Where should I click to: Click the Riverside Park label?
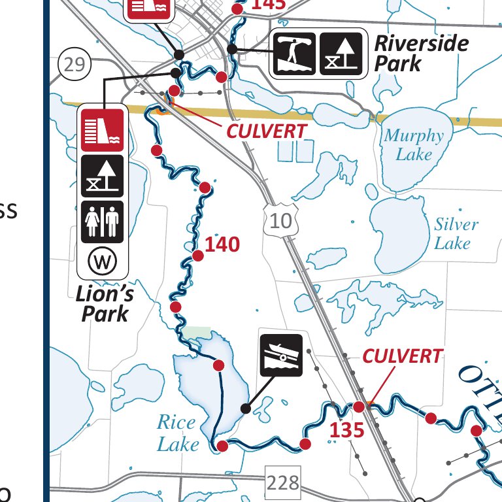421,54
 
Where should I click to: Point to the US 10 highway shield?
280,220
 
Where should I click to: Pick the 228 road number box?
282,484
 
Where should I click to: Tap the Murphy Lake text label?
414,145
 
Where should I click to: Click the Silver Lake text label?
456,233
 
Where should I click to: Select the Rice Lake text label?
177,433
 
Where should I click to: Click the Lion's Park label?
105,303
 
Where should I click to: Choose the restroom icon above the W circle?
103,221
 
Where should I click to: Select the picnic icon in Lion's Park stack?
103,175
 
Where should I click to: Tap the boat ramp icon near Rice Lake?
281,355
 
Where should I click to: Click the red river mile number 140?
222,245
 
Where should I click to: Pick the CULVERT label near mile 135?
402,356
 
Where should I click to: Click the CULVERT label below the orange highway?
266,131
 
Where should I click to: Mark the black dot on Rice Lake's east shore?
245,408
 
